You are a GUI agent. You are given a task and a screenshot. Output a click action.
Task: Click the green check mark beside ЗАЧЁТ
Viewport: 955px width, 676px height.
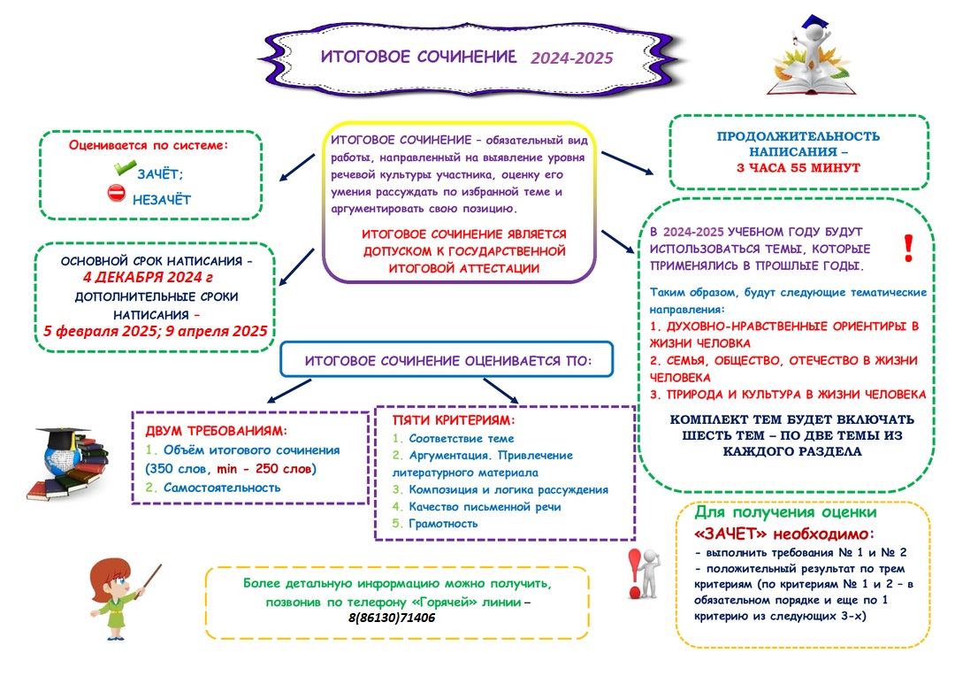tap(125, 167)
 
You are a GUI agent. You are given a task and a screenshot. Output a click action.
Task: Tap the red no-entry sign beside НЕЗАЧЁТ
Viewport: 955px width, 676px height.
tap(117, 193)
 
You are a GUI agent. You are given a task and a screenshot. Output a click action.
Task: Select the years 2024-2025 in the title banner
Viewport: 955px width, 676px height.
tap(571, 58)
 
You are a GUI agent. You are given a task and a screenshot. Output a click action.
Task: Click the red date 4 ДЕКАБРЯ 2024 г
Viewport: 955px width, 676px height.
tap(148, 277)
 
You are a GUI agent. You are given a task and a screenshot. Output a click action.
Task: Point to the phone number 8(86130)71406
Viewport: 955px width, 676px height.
tap(392, 618)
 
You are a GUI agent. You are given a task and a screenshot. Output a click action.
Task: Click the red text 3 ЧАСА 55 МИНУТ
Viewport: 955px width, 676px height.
tap(798, 167)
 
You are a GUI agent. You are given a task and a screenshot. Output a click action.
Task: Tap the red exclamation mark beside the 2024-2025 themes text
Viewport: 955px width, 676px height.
tap(908, 248)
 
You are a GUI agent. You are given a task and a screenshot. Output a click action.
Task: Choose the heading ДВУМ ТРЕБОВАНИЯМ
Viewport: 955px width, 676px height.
tap(216, 431)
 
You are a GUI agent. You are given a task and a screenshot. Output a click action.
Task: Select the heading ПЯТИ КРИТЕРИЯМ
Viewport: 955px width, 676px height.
tap(454, 420)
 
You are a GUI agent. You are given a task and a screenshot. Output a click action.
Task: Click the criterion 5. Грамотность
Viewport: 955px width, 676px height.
tap(435, 524)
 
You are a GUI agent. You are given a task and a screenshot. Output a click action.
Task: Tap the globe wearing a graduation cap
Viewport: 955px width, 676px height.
tap(62, 454)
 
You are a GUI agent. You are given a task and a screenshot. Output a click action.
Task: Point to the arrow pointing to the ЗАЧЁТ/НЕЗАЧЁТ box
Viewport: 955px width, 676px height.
tap(296, 167)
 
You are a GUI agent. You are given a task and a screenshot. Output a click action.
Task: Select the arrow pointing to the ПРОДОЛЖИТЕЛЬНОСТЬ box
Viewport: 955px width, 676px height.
tap(627, 164)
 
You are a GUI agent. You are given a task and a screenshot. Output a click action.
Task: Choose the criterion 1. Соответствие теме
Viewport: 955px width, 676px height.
tap(453, 438)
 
